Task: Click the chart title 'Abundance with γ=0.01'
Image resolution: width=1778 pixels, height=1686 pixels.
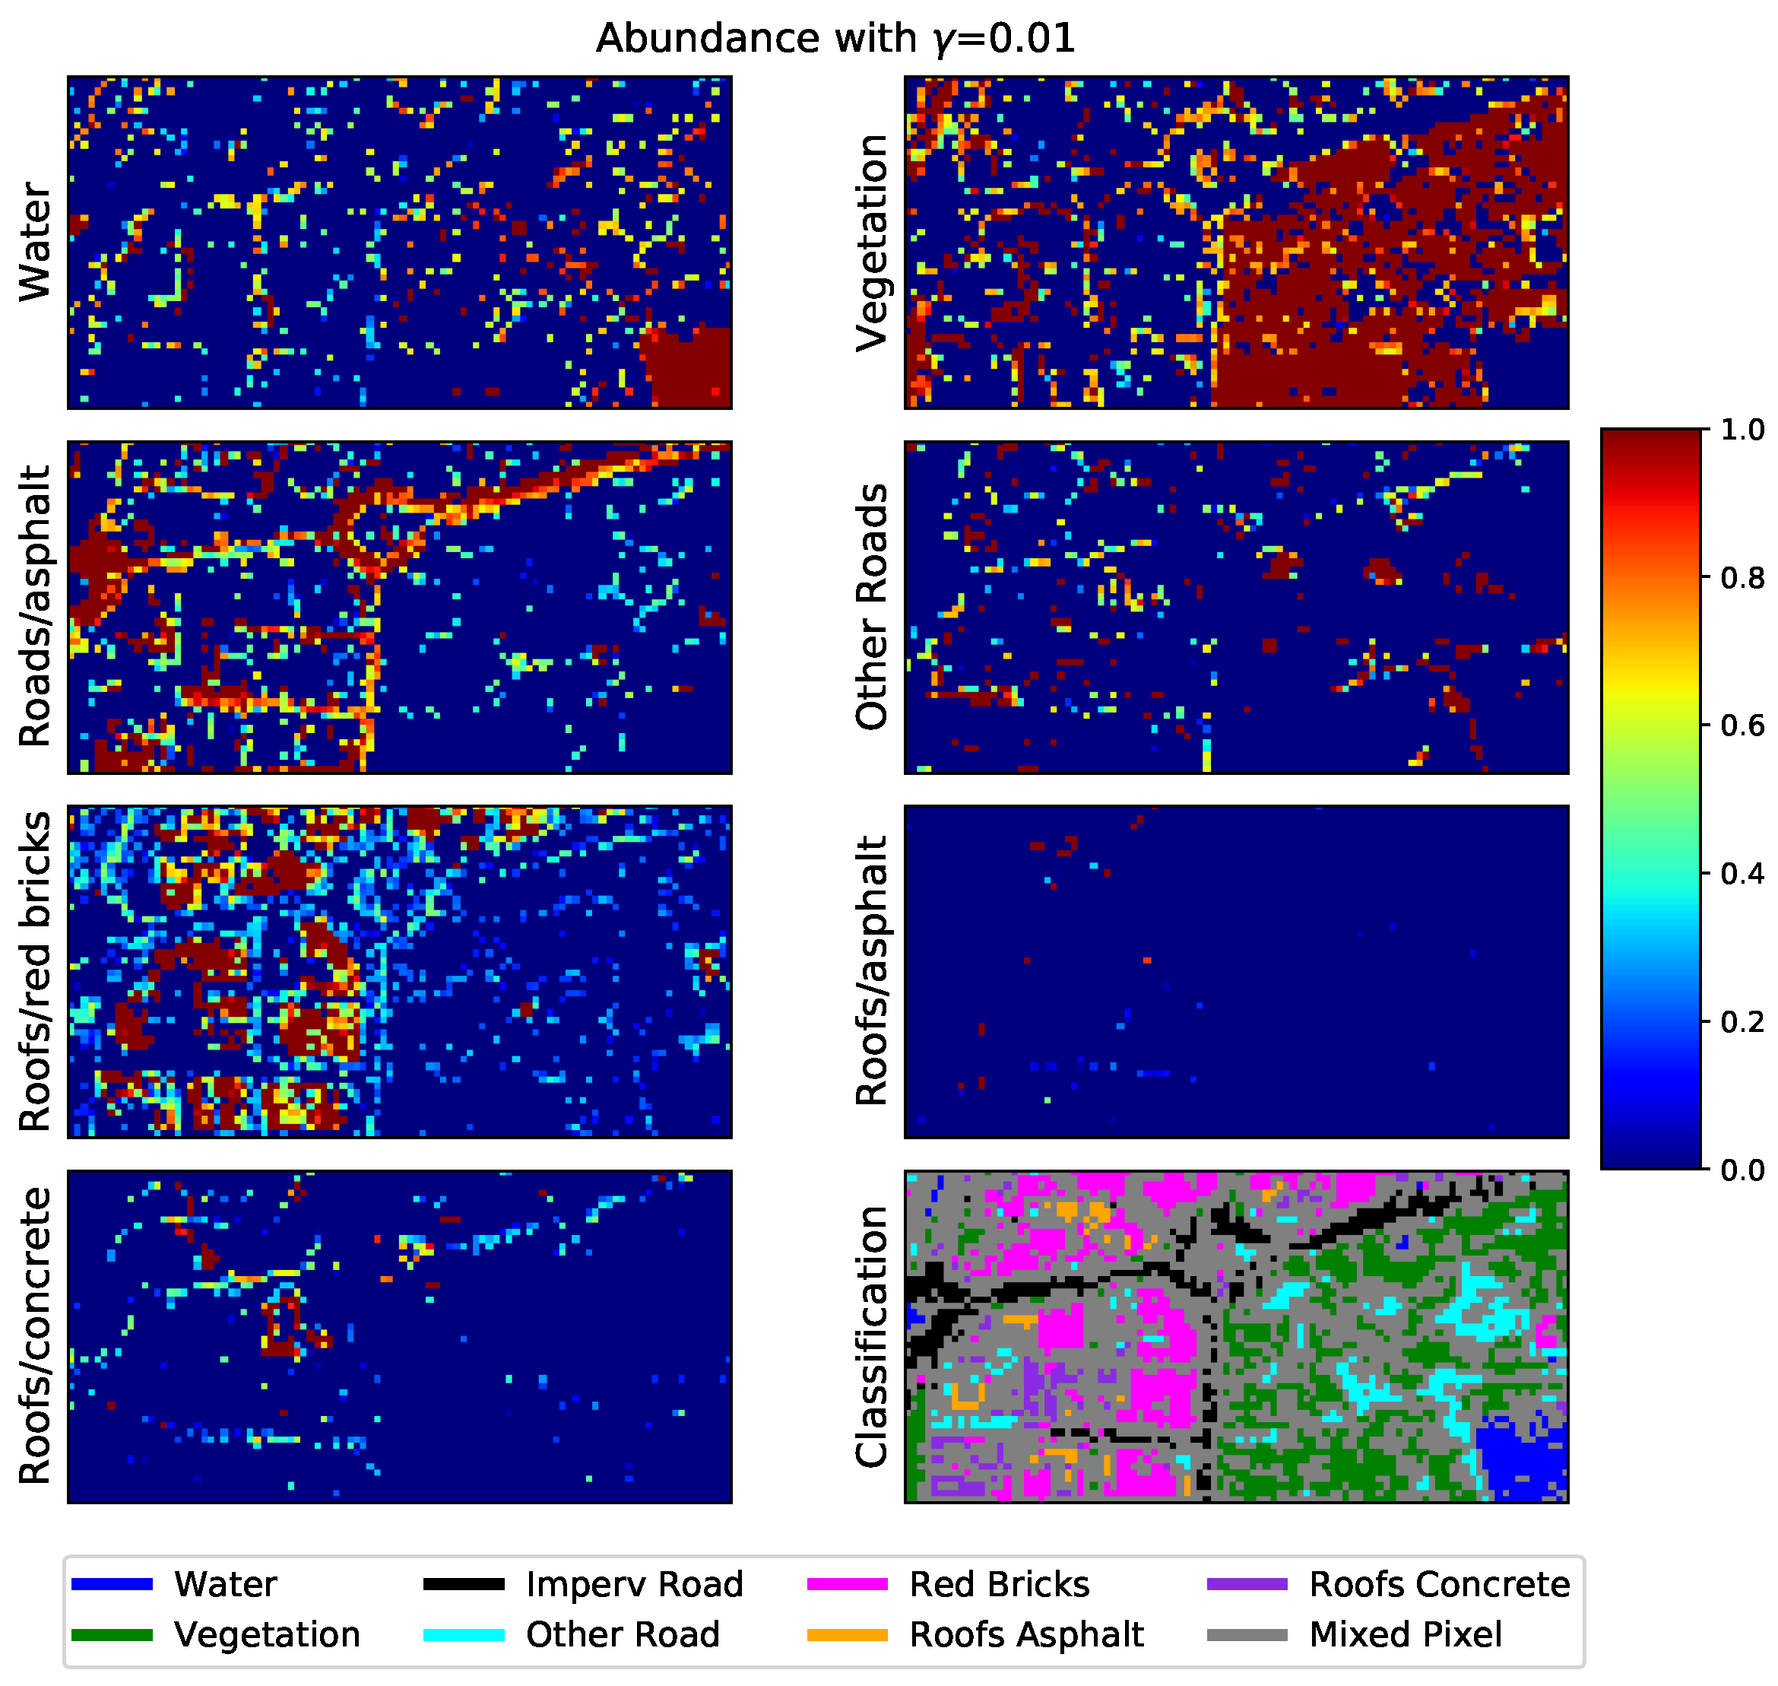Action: [x=835, y=39]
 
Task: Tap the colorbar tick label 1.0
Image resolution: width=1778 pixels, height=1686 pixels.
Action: [x=1742, y=430]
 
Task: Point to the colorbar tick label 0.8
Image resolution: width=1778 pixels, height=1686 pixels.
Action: [x=1742, y=578]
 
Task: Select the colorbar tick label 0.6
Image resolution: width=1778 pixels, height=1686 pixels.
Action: [x=1742, y=726]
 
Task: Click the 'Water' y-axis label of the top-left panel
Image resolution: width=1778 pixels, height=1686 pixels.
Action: [x=36, y=242]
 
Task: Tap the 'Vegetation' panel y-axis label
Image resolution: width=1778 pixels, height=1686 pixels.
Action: [x=871, y=243]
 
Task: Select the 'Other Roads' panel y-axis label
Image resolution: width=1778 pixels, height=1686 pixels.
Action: [x=871, y=607]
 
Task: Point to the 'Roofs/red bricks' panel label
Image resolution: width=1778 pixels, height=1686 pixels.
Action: [x=36, y=971]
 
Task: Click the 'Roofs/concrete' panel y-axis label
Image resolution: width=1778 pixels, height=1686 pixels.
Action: [x=36, y=1335]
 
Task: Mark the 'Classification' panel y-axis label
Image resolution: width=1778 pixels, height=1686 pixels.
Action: [x=871, y=1336]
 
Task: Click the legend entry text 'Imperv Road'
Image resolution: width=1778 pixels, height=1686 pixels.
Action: [x=634, y=1584]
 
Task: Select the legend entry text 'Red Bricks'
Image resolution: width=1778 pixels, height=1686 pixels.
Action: [x=999, y=1584]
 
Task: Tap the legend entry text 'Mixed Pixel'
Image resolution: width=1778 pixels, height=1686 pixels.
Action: [x=1406, y=1634]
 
